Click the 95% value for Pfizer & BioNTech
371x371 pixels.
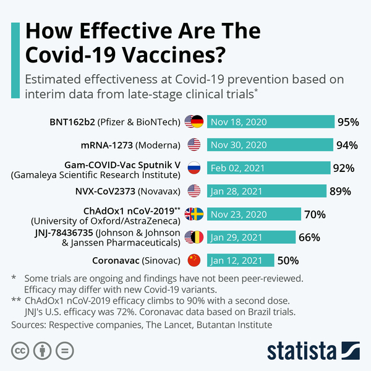[x=348, y=122]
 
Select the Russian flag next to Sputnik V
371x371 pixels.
[x=194, y=168]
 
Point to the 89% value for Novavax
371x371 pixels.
[x=339, y=191]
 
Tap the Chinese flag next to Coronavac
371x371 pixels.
[x=194, y=260]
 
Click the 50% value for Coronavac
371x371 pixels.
[x=288, y=260]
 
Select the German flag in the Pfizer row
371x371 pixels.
[x=197, y=122]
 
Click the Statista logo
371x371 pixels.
[x=313, y=351]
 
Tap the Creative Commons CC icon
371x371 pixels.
[x=20, y=351]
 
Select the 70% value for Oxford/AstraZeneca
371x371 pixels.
[x=315, y=215]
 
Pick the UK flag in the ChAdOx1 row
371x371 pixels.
[x=189, y=214]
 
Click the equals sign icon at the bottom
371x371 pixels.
[x=62, y=351]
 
